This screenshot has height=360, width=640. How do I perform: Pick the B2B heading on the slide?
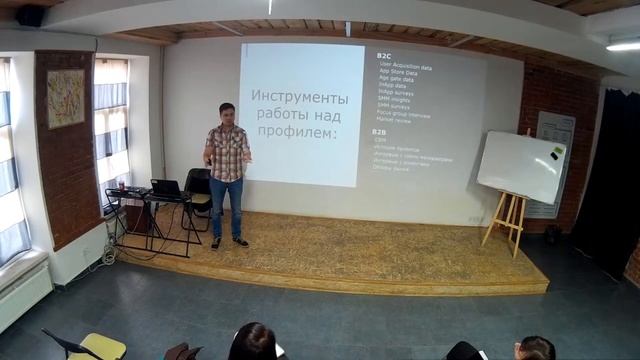click(380, 131)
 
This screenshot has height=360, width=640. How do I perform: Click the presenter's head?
click(226, 112)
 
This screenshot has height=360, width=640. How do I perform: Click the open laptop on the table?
click(165, 188)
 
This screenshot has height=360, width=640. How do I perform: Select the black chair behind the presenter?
click(199, 190)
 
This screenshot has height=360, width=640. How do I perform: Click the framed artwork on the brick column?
click(66, 98)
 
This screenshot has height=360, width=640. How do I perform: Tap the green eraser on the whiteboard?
click(552, 156)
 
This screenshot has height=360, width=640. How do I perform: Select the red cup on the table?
click(123, 186)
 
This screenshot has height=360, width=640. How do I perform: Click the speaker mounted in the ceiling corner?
click(30, 15)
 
